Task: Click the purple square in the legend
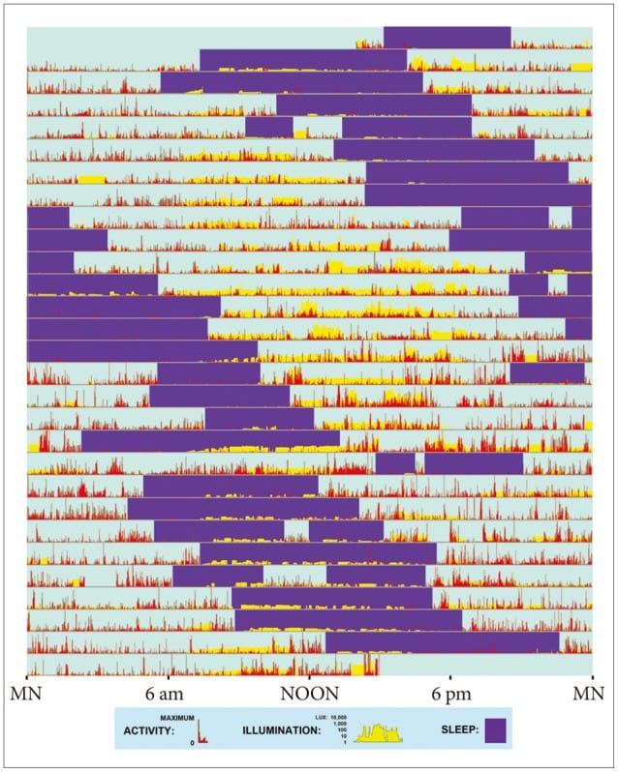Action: pos(496,730)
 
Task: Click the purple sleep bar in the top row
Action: pos(447,37)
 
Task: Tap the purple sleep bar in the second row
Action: pos(302,60)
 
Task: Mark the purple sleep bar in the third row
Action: pos(291,82)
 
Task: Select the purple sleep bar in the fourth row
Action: pos(374,104)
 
